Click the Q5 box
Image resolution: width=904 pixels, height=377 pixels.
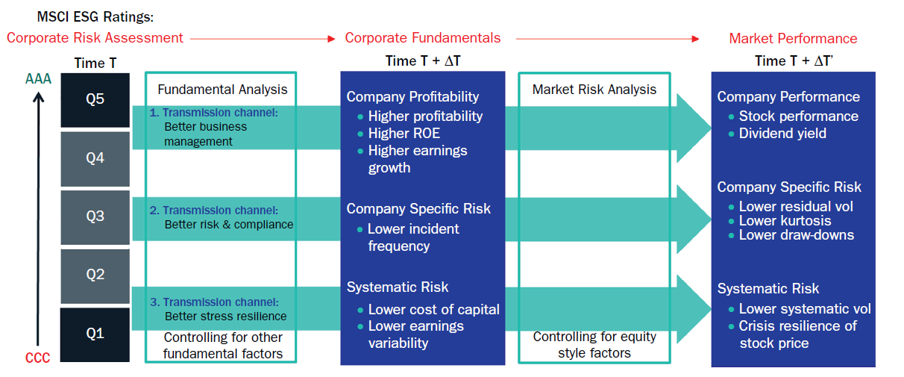(95, 100)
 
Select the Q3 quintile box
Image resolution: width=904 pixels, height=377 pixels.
(95, 217)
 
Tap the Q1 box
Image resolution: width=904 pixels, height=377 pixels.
(95, 334)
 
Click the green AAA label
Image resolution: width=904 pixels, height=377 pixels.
(38, 79)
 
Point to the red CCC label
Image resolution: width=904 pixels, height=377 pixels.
(37, 358)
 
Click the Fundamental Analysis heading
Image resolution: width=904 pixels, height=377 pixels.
(222, 90)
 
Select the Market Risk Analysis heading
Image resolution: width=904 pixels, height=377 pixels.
(594, 90)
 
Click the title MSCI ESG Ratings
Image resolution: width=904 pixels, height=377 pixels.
(95, 17)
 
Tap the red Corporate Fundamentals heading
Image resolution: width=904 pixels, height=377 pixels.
(423, 38)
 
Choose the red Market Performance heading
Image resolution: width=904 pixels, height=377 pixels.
(793, 38)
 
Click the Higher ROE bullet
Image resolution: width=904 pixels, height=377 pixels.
(399, 134)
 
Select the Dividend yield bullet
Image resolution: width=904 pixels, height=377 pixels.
(777, 134)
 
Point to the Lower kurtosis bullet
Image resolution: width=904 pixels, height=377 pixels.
(779, 221)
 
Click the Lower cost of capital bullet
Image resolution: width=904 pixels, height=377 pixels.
(429, 310)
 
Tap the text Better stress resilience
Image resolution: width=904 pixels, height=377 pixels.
(225, 317)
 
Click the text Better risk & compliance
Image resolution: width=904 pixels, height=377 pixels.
(229, 225)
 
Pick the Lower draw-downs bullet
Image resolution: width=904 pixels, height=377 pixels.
(791, 235)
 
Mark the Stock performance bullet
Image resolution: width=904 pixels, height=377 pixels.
(794, 116)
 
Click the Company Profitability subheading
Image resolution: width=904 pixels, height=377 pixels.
(412, 97)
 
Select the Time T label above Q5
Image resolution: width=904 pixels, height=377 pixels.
(95, 63)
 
